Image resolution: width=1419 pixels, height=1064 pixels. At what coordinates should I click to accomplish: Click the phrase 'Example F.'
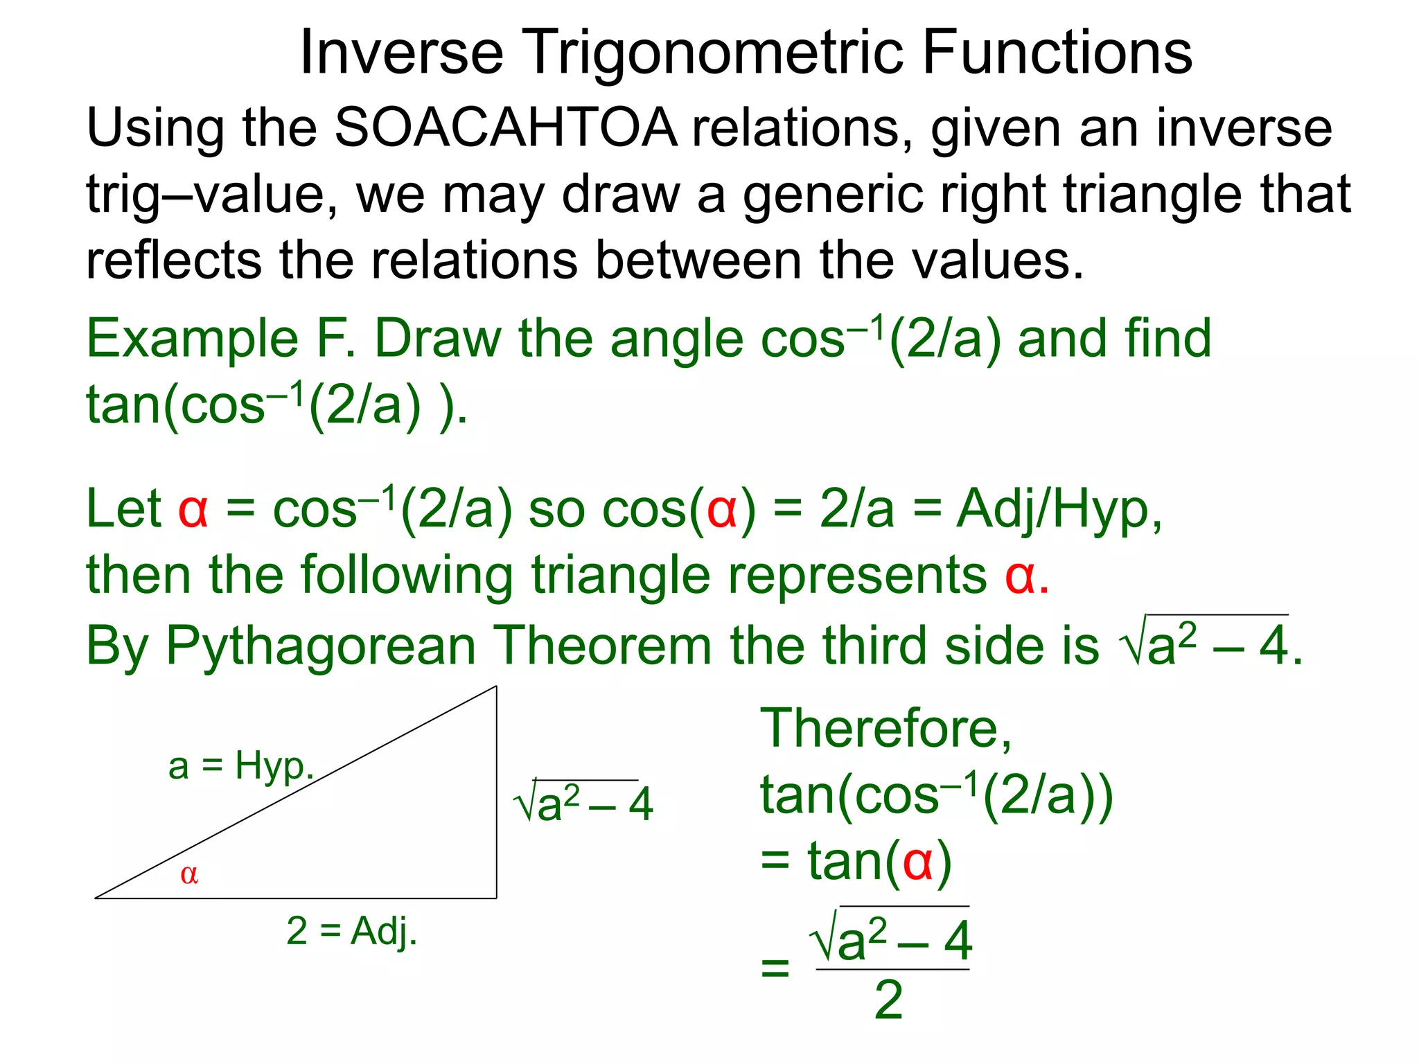pyautogui.click(x=222, y=339)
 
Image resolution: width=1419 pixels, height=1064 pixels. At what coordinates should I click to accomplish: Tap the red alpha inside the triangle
pyautogui.click(x=189, y=874)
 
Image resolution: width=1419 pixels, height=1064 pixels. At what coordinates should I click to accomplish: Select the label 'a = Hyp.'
pyautogui.click(x=241, y=767)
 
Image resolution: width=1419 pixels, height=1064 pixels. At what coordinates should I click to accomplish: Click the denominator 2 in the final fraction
pyautogui.click(x=889, y=1000)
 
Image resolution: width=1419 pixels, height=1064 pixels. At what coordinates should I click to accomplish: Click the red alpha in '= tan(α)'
pyautogui.click(x=917, y=862)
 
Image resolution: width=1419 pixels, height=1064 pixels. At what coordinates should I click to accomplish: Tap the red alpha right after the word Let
pyautogui.click(x=193, y=509)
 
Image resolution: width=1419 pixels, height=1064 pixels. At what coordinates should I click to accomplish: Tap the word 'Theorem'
pyautogui.click(x=602, y=646)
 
